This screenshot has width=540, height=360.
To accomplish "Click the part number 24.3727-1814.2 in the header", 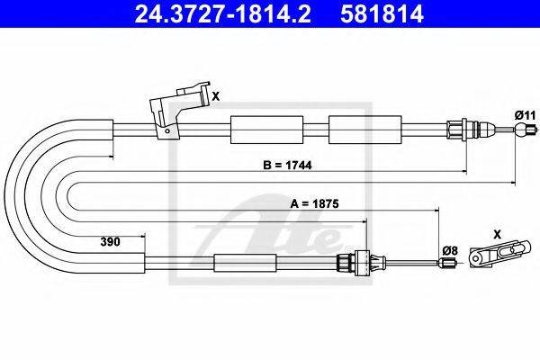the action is pos(222,13).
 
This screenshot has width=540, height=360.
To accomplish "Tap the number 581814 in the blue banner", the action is pos(382,13).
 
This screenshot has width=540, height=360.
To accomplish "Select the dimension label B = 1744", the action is pos(287,166).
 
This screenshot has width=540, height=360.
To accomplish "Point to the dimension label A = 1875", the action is pos(314,203).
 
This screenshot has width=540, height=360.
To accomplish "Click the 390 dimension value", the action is pos(110,241).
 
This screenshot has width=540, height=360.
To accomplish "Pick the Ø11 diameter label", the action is pos(526,115).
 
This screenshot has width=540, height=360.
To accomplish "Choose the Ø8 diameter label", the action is pos(450,251).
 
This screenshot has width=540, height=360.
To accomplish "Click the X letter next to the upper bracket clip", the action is pos(216,96).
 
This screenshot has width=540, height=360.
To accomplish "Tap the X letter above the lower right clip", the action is pos(498,235).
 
